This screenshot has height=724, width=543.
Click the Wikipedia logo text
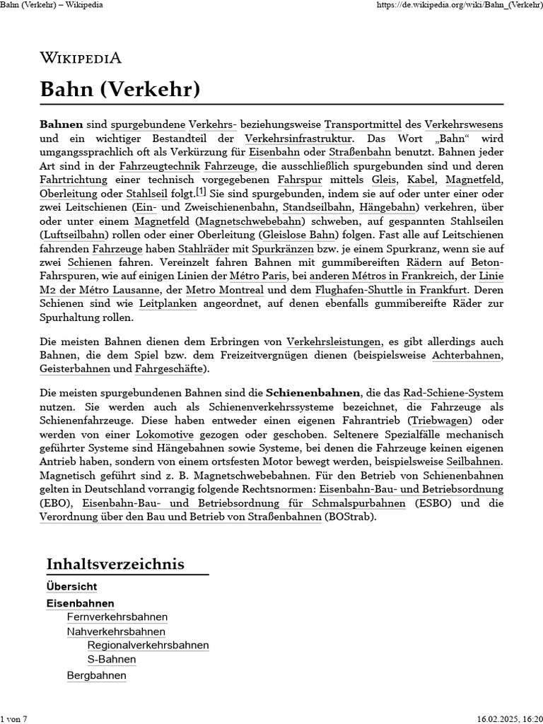(81, 58)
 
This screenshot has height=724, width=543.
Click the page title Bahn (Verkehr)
(120, 90)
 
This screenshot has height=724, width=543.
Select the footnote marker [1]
(201, 192)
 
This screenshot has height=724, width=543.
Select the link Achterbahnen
(467, 355)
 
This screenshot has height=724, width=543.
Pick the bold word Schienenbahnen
(313, 392)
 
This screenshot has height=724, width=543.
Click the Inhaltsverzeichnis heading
(115, 564)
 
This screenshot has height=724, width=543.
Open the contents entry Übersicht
(71, 587)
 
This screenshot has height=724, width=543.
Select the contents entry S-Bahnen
(112, 660)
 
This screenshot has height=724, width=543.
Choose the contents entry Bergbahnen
(97, 675)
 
